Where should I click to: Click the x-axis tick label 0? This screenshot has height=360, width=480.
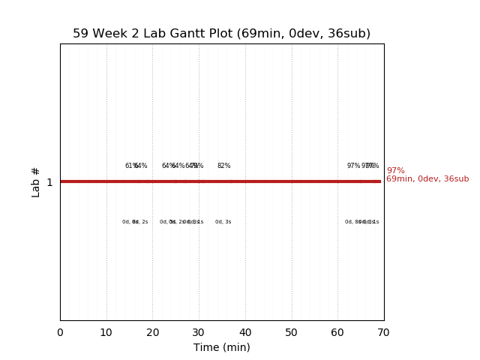[x=60, y=333]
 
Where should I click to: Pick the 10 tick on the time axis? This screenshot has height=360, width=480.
[x=106, y=333]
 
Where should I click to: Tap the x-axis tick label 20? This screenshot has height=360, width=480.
[x=152, y=333]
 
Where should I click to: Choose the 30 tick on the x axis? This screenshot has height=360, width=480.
[x=199, y=333]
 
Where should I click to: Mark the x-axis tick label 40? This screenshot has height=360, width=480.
[x=245, y=333]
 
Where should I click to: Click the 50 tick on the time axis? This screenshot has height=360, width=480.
[x=291, y=333]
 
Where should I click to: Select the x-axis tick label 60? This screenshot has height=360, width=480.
[x=337, y=333]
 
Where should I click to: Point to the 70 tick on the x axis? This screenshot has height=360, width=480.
[x=383, y=333]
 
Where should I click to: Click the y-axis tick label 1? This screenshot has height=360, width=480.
[x=49, y=182]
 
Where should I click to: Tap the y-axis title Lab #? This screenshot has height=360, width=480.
[x=36, y=182]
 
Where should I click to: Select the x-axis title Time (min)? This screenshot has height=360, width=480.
[x=222, y=347]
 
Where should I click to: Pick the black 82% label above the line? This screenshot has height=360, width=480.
[x=223, y=166]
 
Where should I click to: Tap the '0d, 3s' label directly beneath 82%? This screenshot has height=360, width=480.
[x=223, y=222]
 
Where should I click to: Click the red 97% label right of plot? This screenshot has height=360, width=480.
[x=395, y=171]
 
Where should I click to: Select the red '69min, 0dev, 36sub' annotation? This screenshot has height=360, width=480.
[x=427, y=179]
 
